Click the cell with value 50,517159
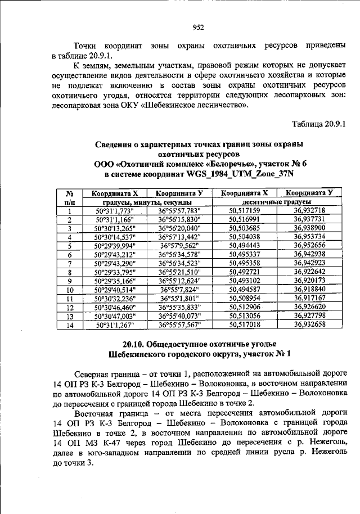click(x=244, y=210)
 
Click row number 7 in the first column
click(x=70, y=263)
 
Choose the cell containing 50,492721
click(x=244, y=272)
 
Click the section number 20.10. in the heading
click(x=134, y=344)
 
